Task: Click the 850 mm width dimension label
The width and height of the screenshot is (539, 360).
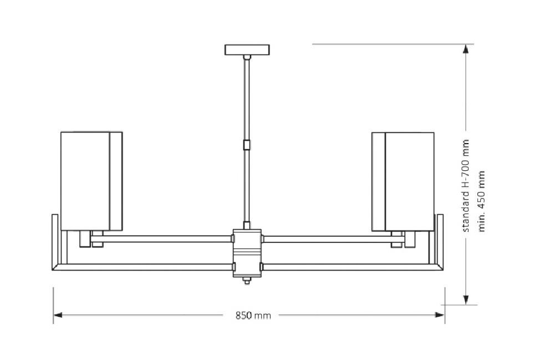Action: pos(253,315)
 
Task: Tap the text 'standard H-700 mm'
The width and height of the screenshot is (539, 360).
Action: pos(465,186)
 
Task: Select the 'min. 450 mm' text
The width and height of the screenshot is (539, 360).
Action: pos(481,201)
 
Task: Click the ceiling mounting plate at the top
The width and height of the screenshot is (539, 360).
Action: pos(247,50)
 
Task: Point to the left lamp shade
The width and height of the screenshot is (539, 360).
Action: pos(91,181)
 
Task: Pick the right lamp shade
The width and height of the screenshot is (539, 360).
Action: pos(403,181)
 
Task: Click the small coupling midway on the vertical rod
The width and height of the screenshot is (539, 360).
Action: pos(247,145)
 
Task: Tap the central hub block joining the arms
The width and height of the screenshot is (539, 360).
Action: pos(247,253)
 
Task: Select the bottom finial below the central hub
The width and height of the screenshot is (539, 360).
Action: pos(247,281)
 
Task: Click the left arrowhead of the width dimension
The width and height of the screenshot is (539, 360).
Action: pos(58,315)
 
